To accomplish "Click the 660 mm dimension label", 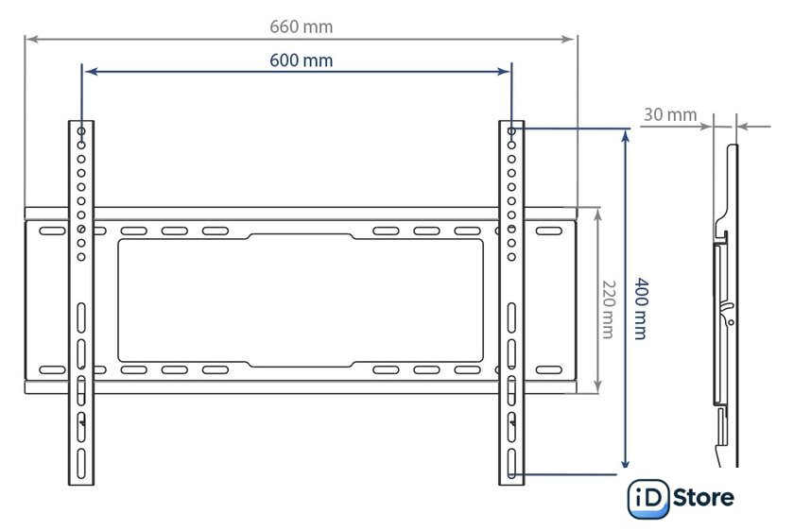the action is [x=301, y=26].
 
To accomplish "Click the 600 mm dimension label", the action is [x=301, y=60].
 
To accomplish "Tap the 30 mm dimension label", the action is [x=670, y=115].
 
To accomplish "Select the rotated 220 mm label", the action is [x=608, y=309].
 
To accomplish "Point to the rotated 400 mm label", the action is [x=641, y=308].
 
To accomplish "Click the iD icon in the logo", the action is [x=648, y=499].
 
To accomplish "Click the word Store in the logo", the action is [x=703, y=498].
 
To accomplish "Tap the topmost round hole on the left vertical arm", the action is [x=81, y=131].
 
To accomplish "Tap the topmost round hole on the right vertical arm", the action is [x=511, y=131].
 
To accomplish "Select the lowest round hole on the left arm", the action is [x=81, y=257].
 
